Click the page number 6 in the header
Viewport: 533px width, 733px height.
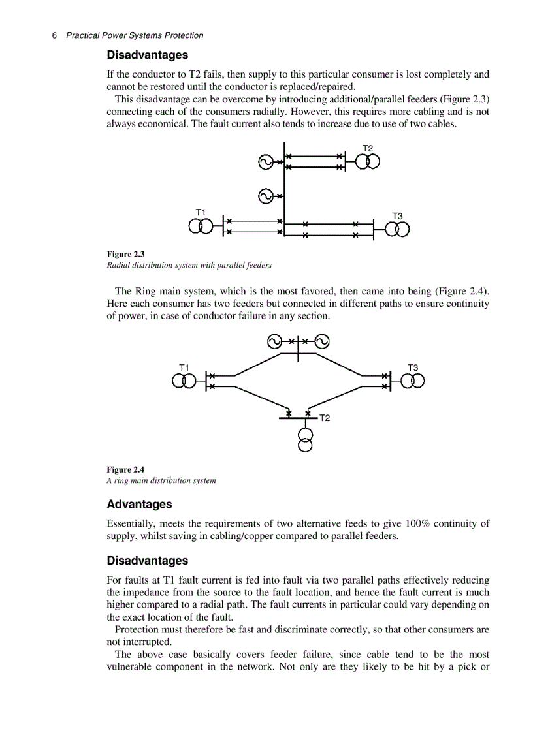[x=54, y=35]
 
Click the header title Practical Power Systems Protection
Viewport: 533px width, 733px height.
[x=135, y=35]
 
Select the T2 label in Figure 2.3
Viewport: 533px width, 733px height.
[x=368, y=148]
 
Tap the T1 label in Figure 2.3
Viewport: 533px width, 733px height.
[x=201, y=212]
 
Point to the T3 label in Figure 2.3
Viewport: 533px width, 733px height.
[x=397, y=215]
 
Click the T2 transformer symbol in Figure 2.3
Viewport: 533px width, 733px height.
[x=367, y=162]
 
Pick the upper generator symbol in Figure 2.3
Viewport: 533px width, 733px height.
[x=265, y=162]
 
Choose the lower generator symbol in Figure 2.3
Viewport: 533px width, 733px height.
[x=265, y=195]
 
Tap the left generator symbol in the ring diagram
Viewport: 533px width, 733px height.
[x=275, y=341]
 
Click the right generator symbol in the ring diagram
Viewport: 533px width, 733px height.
[x=321, y=341]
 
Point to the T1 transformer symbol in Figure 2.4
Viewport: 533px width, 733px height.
[x=184, y=381]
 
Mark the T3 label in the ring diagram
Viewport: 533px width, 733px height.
[x=413, y=367]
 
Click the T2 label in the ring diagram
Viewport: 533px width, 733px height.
[x=325, y=418]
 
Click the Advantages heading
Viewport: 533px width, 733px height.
[x=139, y=505]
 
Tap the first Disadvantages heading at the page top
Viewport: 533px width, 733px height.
[x=147, y=55]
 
